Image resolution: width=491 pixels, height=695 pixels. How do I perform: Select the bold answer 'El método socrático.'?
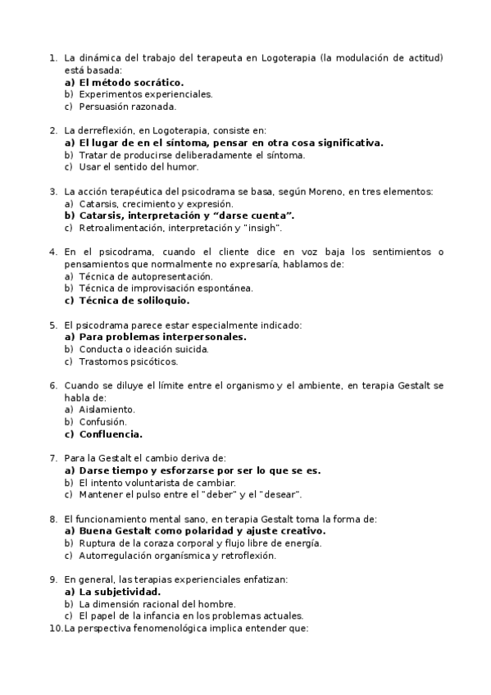pyautogui.click(x=130, y=82)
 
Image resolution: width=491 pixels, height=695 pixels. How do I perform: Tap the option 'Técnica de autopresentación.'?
pyautogui.click(x=145, y=276)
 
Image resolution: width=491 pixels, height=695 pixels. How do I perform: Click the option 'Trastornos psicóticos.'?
pyautogui.click(x=128, y=361)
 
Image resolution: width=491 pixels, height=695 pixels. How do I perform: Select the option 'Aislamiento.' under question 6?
pyautogui.click(x=107, y=409)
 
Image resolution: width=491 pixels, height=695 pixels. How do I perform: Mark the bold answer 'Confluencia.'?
pyautogui.click(x=110, y=434)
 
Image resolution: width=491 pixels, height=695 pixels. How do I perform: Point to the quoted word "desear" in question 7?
pyautogui.click(x=279, y=494)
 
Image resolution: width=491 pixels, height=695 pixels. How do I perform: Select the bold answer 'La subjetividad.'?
pyautogui.click(x=120, y=592)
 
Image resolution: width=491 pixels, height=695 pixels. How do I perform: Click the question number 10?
pyautogui.click(x=56, y=628)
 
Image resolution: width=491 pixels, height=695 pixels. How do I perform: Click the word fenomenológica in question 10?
pyautogui.click(x=166, y=628)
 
